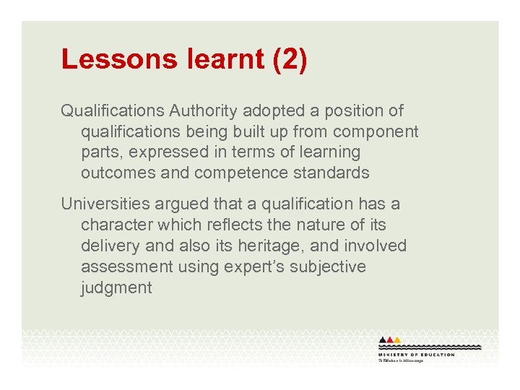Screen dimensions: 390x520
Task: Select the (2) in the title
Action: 290,60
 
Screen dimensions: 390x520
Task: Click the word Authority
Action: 204,111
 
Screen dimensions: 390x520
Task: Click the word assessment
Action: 127,267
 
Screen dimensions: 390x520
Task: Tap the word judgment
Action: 116,288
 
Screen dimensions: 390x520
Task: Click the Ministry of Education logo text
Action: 416,355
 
